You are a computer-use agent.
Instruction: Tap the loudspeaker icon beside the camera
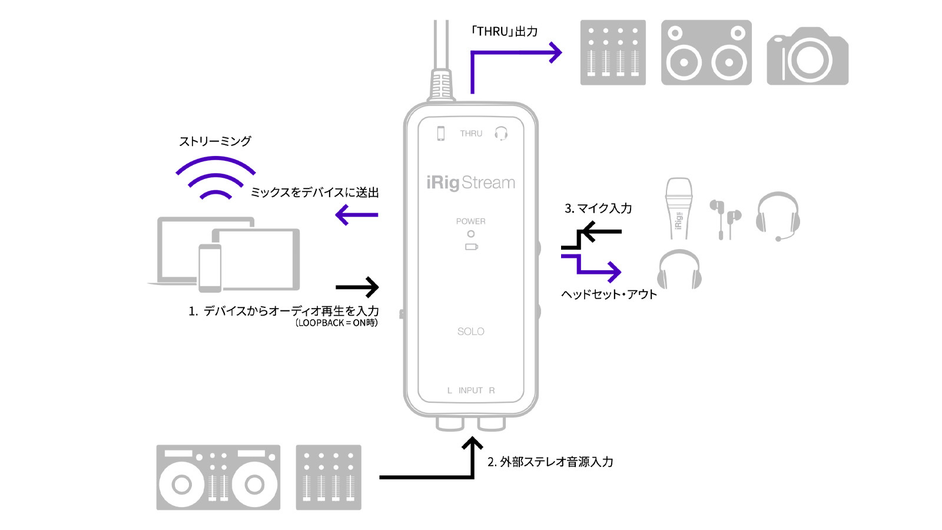click(x=706, y=53)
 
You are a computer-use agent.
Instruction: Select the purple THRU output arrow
click(x=512, y=54)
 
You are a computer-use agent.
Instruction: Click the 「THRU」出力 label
click(x=504, y=32)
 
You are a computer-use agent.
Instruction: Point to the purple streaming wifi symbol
click(x=215, y=177)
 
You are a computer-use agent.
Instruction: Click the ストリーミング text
click(x=215, y=141)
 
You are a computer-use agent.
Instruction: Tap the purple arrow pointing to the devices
click(x=357, y=215)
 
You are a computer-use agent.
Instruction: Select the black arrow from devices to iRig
click(x=357, y=287)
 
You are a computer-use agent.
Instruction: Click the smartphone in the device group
click(x=210, y=268)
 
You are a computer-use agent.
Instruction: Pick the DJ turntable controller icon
click(x=218, y=477)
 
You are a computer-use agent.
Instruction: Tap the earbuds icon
click(x=725, y=218)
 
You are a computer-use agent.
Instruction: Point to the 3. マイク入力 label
click(x=598, y=208)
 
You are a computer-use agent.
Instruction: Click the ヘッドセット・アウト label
click(x=609, y=294)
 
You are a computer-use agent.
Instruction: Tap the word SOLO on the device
click(x=471, y=332)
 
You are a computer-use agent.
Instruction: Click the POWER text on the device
click(x=471, y=221)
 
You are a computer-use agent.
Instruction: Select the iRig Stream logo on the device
click(x=471, y=183)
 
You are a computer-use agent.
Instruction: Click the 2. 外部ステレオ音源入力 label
click(x=550, y=462)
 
